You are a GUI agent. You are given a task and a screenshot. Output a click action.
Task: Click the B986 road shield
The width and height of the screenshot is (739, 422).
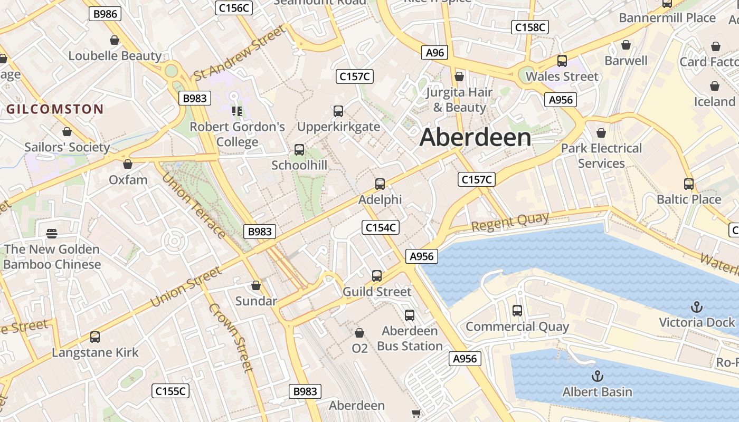pyautogui.click(x=105, y=14)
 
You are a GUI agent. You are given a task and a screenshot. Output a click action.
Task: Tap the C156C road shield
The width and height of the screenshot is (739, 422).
pyautogui.click(x=234, y=8)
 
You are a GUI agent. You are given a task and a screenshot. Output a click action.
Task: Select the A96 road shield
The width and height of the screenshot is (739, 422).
pyautogui.click(x=435, y=52)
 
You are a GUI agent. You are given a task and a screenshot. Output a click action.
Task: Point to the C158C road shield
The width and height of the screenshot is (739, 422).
pyautogui.click(x=530, y=27)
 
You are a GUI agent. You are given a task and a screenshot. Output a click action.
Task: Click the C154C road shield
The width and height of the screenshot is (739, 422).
pyautogui.click(x=380, y=227)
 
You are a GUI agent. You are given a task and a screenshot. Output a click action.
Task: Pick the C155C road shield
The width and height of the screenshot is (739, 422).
pyautogui.click(x=170, y=391)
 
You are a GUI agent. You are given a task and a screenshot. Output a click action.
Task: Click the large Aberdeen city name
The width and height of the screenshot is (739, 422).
pyautogui.click(x=475, y=138)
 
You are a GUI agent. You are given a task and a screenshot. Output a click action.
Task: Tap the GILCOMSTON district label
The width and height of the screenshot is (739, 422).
pyautogui.click(x=55, y=109)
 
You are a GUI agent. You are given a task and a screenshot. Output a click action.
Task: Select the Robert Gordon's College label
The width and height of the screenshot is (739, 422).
pyautogui.click(x=237, y=134)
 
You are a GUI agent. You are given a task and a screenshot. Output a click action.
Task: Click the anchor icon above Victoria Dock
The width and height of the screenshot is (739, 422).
pyautogui.click(x=697, y=306)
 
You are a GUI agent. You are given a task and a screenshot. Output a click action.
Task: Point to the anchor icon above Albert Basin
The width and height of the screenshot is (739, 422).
pyautogui.click(x=597, y=376)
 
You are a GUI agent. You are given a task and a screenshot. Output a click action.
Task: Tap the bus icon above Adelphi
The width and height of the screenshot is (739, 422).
pyautogui.click(x=380, y=184)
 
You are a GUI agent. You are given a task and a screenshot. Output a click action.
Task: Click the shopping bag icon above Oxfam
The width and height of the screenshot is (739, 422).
pyautogui.click(x=128, y=164)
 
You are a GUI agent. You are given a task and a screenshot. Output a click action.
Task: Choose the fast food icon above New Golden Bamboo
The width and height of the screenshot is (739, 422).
pyautogui.click(x=52, y=233)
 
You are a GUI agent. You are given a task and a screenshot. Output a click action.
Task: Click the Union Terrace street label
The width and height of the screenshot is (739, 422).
pyautogui.click(x=194, y=205)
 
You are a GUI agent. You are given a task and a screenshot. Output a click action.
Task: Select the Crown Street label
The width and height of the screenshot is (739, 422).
pyautogui.click(x=231, y=337)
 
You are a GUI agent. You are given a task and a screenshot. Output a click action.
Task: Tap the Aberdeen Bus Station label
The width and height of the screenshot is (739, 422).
pyautogui.click(x=410, y=339)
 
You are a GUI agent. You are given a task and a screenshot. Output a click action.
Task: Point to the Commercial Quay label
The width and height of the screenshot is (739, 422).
pyautogui.click(x=517, y=327)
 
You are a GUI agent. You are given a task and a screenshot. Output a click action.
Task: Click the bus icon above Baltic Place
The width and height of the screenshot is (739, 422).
pyautogui.click(x=689, y=184)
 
